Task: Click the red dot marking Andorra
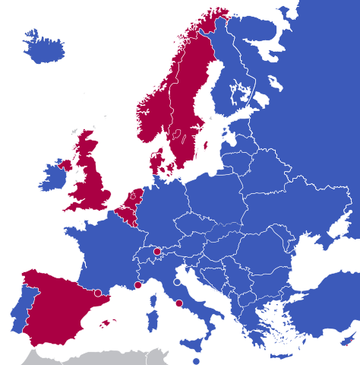tap(98, 293)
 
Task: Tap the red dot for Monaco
tap(137, 285)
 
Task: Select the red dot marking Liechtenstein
tap(156, 251)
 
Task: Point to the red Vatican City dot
tap(179, 303)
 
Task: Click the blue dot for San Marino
tap(177, 282)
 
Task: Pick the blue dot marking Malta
tap(196, 361)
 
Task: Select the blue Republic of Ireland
tap(53, 177)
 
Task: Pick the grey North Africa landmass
tap(91, 357)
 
